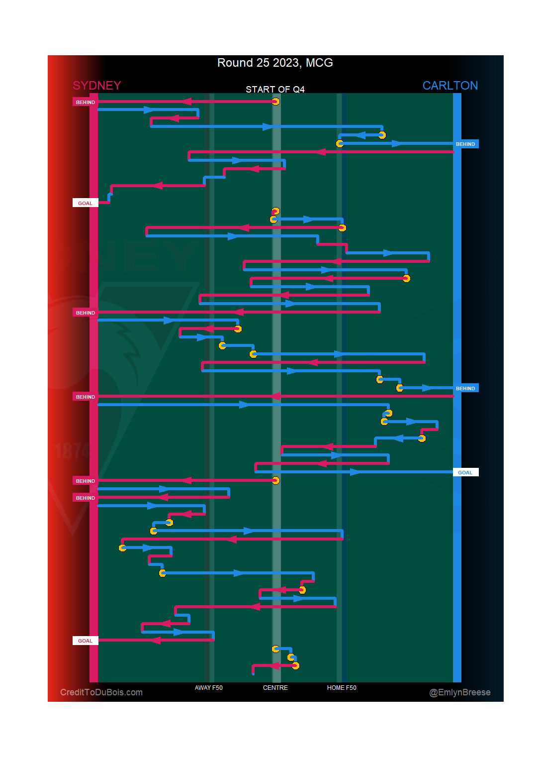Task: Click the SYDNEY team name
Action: click(x=97, y=86)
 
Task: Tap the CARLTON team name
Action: click(x=450, y=86)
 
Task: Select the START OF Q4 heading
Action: click(x=275, y=90)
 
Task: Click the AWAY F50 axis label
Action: click(x=209, y=688)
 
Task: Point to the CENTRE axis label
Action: click(x=275, y=688)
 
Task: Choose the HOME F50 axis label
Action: click(x=342, y=688)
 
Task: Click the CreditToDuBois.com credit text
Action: click(x=101, y=692)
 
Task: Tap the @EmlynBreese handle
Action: click(x=460, y=692)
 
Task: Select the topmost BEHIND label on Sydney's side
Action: click(x=85, y=102)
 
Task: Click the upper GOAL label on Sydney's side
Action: click(x=85, y=203)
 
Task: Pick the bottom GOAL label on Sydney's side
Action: click(x=85, y=641)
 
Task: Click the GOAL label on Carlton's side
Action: click(x=465, y=472)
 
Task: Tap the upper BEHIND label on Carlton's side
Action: click(x=465, y=144)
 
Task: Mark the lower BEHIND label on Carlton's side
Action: click(x=465, y=388)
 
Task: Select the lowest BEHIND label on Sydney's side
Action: click(x=85, y=498)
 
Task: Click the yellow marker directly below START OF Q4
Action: click(x=275, y=102)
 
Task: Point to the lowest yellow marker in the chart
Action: click(x=295, y=665)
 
